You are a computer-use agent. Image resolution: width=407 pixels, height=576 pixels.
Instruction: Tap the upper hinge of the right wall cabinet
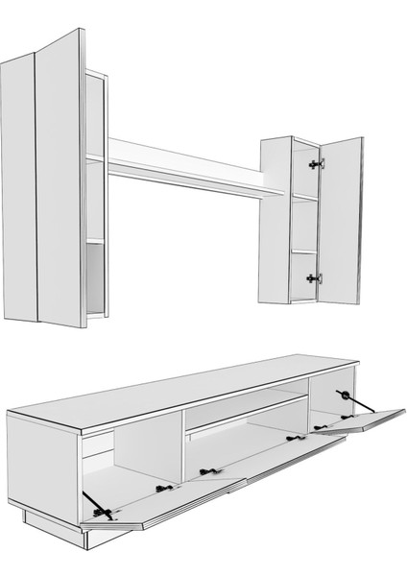click(x=314, y=164)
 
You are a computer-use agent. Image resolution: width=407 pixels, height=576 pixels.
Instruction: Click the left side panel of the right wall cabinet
click(x=275, y=221)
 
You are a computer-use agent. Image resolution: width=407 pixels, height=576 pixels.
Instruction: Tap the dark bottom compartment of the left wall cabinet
click(x=94, y=278)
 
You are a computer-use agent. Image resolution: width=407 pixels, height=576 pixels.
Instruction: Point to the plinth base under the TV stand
click(x=58, y=546)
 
